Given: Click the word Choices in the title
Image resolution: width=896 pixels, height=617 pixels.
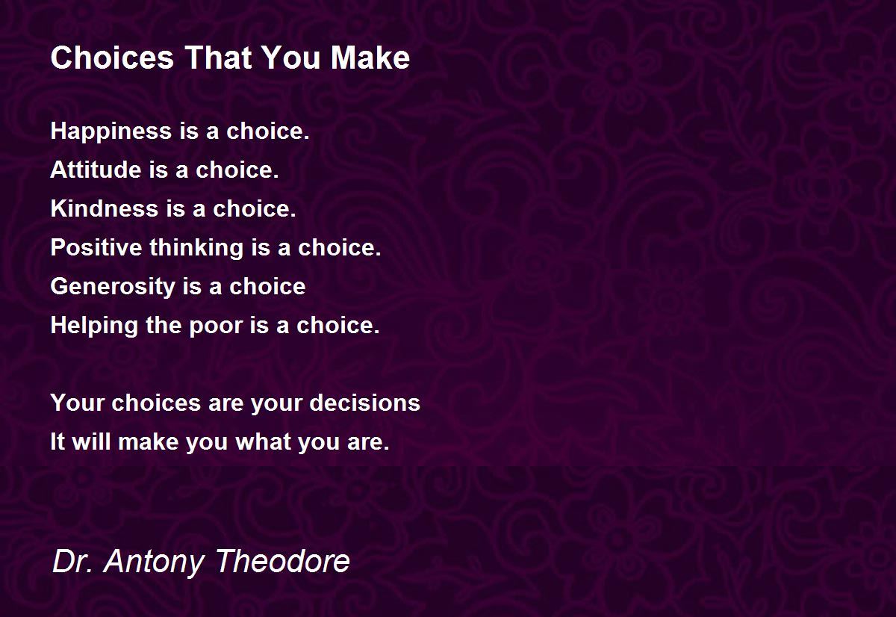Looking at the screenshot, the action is pos(113,58).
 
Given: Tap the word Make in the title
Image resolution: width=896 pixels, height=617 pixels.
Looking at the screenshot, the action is pos(370,58).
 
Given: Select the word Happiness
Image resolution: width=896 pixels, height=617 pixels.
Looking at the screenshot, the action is pos(111,131).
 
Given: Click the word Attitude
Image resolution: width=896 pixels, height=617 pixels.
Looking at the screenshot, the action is pos(96,170).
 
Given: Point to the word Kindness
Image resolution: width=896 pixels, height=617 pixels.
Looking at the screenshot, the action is pos(105,208).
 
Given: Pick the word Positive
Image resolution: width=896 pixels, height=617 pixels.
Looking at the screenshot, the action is pos(96,247).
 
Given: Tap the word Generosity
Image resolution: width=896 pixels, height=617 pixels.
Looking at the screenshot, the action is pos(113,287).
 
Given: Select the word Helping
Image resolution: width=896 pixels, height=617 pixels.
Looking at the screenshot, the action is pos(94,326).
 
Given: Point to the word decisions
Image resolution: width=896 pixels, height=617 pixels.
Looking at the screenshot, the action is pos(365,403).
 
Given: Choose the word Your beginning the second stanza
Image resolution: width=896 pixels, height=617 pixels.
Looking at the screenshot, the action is pos(77,403).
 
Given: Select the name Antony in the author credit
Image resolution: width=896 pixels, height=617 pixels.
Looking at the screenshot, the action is pos(154,562).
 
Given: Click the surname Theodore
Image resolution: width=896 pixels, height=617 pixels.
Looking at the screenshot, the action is pos(283,561).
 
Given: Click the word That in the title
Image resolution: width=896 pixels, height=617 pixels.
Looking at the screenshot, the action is pos(218,58).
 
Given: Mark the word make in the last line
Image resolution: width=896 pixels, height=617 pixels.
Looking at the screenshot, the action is pos(149,441).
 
